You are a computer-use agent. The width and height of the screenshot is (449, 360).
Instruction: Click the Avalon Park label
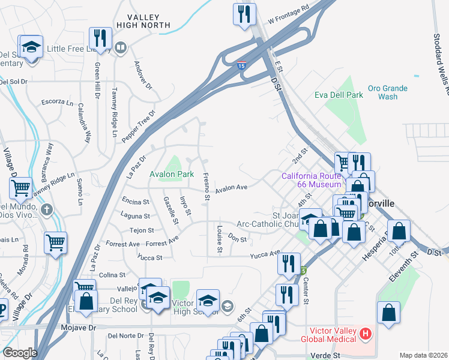[172, 175]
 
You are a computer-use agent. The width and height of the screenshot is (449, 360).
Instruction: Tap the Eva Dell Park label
[339, 95]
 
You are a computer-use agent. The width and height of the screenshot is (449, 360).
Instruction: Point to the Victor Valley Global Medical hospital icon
[365, 333]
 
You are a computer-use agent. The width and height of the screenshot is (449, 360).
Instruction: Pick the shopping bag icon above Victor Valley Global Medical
[389, 312]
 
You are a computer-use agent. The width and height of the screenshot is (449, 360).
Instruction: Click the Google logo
[20, 353]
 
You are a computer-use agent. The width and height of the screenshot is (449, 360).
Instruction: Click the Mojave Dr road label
[79, 328]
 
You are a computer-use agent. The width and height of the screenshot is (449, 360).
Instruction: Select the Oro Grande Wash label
[388, 92]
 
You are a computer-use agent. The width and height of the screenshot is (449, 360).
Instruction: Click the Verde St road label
[326, 355]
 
